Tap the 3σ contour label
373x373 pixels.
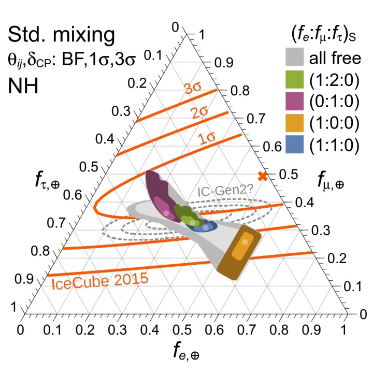click(x=192, y=89)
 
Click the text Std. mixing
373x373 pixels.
click(x=61, y=36)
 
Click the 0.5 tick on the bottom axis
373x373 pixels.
click(x=183, y=328)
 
